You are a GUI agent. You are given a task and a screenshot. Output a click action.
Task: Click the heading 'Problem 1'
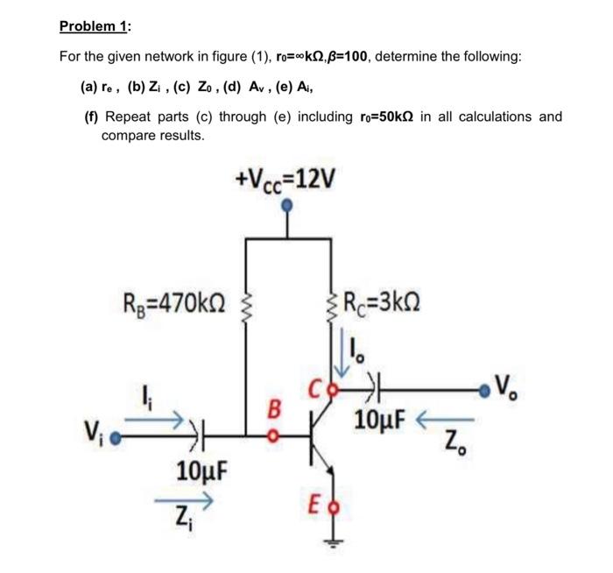click(94, 25)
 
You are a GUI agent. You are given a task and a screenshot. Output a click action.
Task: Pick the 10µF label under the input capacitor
click(202, 471)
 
